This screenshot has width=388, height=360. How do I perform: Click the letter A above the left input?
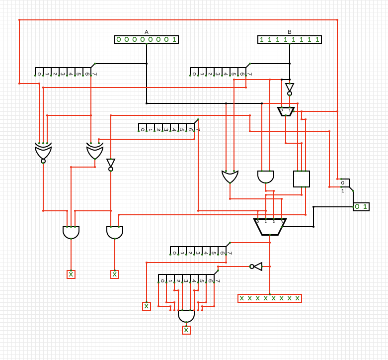(x=147, y=32)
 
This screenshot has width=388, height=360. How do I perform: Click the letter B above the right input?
(x=290, y=32)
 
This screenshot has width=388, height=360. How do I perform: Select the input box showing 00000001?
(x=147, y=40)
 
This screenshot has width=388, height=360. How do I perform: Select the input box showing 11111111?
(x=290, y=40)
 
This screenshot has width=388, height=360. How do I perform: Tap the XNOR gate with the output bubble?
(x=43, y=152)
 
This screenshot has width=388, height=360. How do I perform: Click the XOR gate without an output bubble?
(x=95, y=152)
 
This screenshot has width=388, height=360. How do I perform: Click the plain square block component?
(x=302, y=179)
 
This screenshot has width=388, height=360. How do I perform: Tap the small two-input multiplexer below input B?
(x=286, y=111)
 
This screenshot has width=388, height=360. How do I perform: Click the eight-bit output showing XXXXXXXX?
(x=270, y=298)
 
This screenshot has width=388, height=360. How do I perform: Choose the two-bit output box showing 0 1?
(x=361, y=207)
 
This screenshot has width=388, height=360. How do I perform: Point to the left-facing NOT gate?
(x=256, y=267)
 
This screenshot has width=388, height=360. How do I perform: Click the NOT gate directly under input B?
(x=290, y=89)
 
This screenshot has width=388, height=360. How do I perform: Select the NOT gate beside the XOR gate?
(x=111, y=164)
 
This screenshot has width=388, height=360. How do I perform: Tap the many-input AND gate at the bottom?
(x=186, y=315)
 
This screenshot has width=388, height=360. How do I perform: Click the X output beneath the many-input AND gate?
(x=186, y=330)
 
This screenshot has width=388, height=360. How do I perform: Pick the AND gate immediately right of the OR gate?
(x=266, y=177)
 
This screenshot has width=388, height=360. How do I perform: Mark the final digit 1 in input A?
(x=174, y=40)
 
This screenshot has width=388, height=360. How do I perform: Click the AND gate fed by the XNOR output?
(x=71, y=232)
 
